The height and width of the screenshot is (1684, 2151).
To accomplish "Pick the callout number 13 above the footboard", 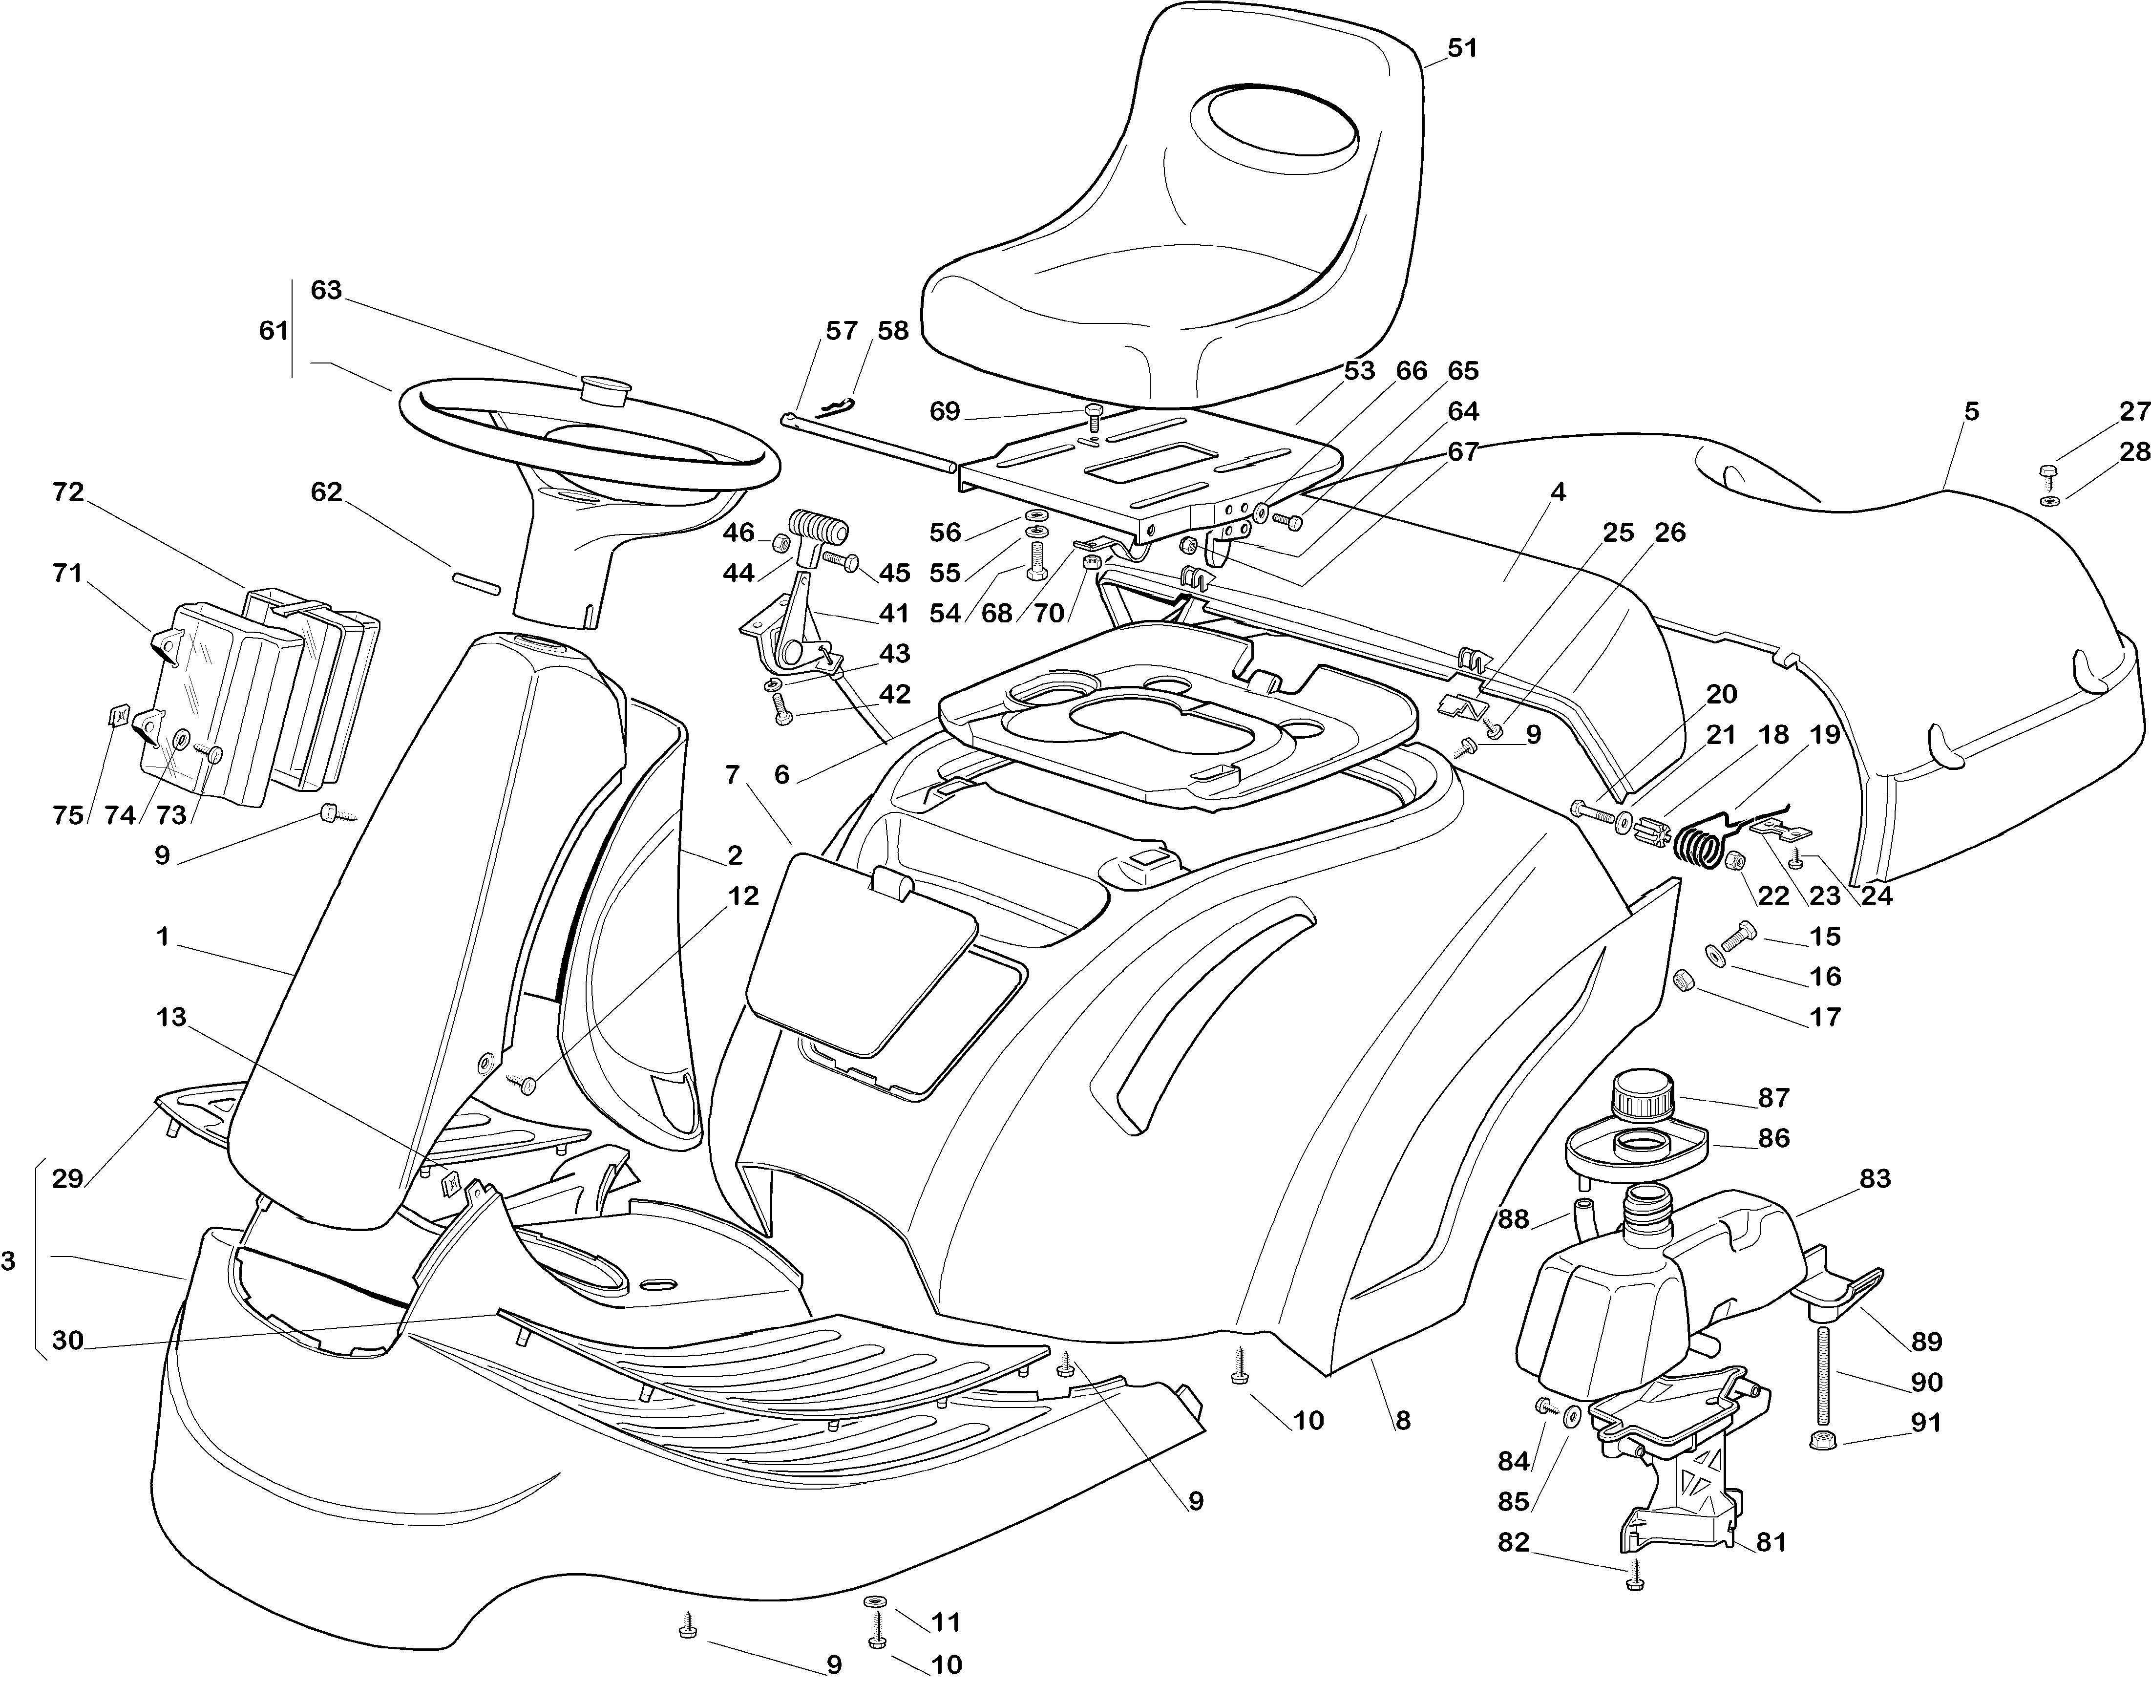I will tap(171, 1017).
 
